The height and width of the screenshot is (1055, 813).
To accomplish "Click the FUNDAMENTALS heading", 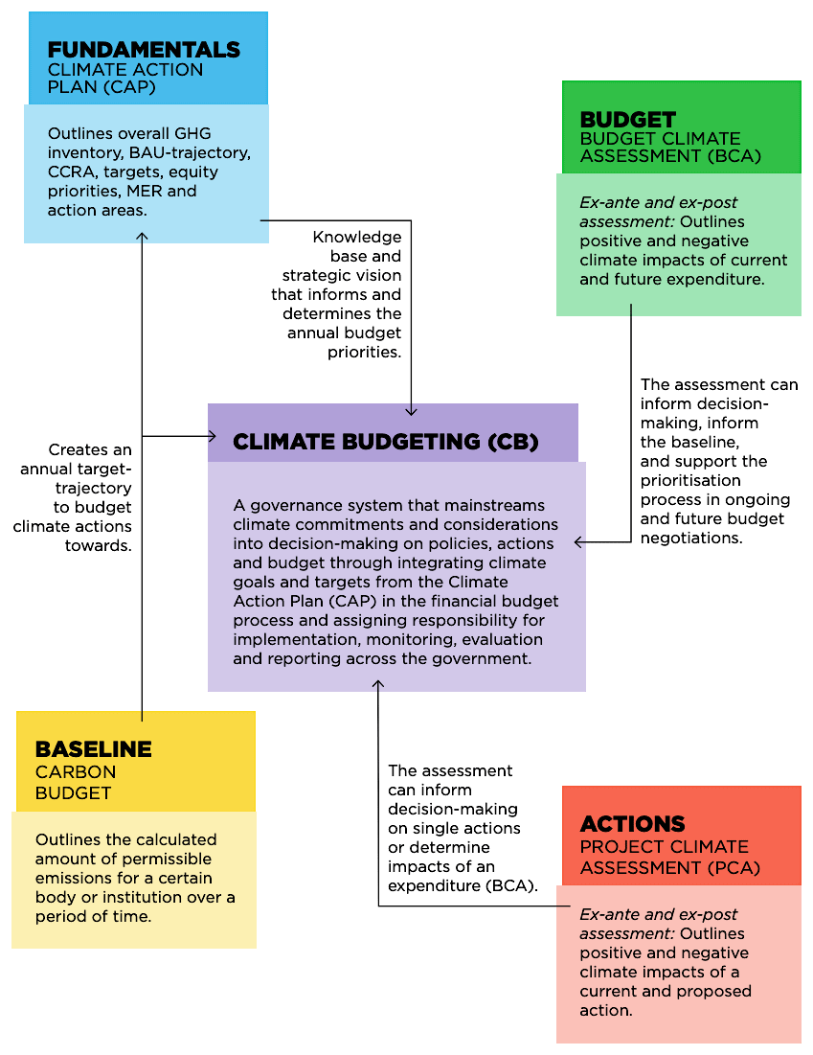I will tap(144, 50).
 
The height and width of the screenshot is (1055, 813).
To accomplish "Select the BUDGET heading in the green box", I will tap(628, 120).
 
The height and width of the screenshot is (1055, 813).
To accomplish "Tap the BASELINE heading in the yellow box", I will tap(93, 749).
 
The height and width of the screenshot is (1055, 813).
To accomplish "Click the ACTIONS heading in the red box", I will tap(632, 824).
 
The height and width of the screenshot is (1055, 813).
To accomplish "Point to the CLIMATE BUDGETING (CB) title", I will tap(386, 442).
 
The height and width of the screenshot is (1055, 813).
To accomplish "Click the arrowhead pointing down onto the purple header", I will tap(412, 410).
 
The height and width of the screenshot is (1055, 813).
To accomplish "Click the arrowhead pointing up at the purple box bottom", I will tap(378, 684).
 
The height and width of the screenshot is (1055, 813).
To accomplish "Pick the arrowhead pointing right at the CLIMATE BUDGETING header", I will tap(212, 437).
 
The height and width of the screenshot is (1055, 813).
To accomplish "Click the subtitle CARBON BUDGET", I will tap(75, 782).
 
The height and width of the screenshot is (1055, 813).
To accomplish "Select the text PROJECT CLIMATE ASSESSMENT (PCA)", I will tap(669, 858).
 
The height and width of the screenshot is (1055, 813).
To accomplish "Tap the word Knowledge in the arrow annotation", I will tap(357, 238).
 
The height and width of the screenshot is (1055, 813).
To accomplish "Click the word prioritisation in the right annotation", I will tap(690, 480).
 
